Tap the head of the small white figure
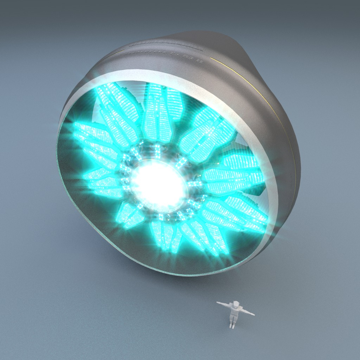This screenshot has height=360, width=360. click(x=236, y=304)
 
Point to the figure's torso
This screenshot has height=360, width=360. click(x=235, y=311)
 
